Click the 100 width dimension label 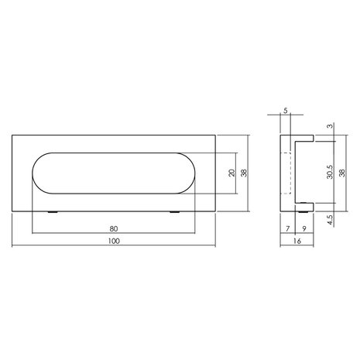point(114,242)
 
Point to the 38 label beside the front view point(245,173)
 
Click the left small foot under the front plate point(53,211)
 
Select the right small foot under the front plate point(175,211)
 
